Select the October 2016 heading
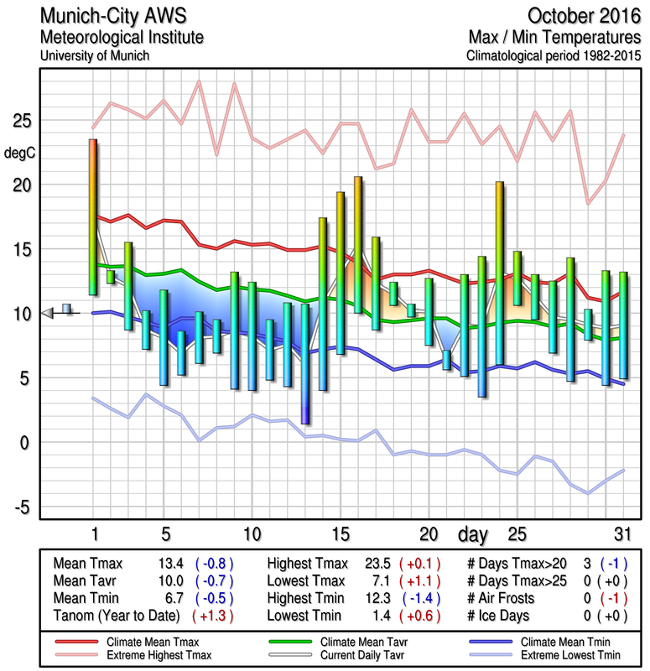click(583, 16)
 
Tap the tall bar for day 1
click(93, 216)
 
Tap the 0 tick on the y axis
click(24, 442)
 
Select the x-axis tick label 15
click(340, 534)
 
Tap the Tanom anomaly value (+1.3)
click(213, 616)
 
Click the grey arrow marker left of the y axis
click(47, 313)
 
